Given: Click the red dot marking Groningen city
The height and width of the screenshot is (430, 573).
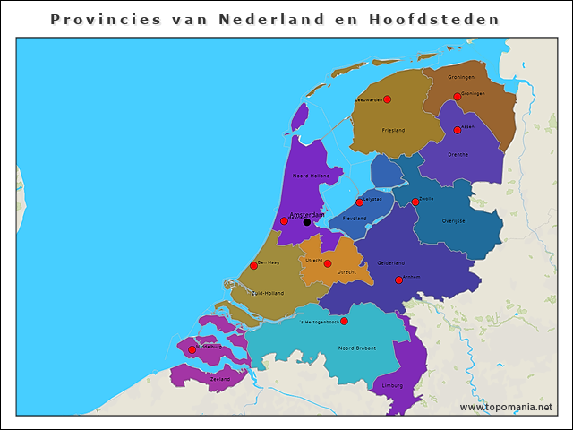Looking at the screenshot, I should click(x=457, y=96).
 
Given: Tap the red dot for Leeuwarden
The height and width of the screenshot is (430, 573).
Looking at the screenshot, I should click(x=387, y=99).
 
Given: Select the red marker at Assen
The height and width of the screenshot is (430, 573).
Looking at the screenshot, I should click(x=457, y=130).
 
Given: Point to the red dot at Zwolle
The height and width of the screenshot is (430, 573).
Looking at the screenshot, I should click(x=415, y=202).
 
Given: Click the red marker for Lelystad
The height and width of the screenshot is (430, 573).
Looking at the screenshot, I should click(x=359, y=202).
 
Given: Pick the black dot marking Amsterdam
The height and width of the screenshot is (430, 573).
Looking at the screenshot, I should click(x=307, y=221).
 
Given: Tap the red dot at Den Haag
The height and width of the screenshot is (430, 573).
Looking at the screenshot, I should click(x=253, y=265).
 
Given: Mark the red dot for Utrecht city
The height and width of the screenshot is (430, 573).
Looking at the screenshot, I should click(x=328, y=263).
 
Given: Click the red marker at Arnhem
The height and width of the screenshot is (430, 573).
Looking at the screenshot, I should click(x=399, y=280).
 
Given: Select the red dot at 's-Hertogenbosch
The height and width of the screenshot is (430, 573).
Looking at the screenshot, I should click(x=344, y=321).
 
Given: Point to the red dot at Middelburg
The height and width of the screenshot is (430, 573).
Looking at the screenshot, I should click(x=192, y=349).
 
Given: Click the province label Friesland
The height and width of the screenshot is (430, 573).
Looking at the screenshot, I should click(x=393, y=131).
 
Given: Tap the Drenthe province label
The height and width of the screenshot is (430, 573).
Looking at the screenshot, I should click(x=458, y=154).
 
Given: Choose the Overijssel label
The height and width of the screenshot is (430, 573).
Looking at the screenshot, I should click(x=454, y=220).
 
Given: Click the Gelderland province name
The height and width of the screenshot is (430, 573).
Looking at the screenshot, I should click(x=391, y=262).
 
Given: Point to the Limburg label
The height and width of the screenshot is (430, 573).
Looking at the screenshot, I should click(x=392, y=384).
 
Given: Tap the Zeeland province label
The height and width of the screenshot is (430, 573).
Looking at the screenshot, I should click(x=219, y=379).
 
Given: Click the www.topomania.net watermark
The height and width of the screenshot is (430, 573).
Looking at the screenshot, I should click(x=506, y=407).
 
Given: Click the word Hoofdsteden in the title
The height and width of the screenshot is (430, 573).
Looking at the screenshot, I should click(x=434, y=19).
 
